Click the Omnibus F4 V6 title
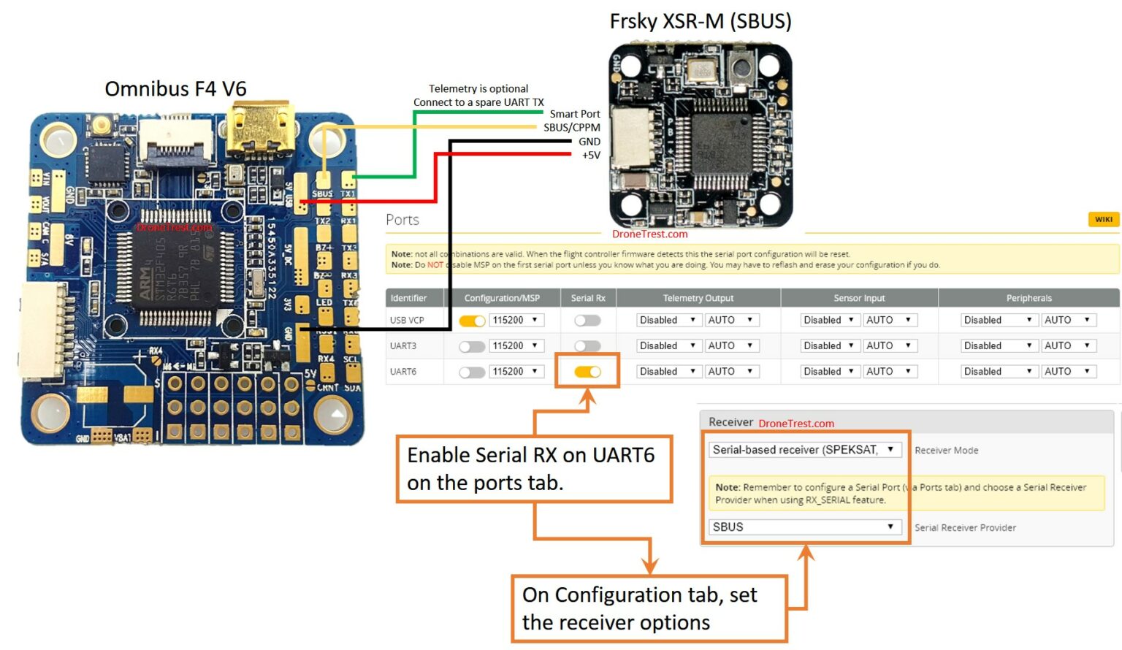[x=175, y=88]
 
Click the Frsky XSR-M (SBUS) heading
[x=700, y=21]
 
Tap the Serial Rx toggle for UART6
[x=587, y=372]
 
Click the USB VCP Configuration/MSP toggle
[x=472, y=321]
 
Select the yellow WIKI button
[x=1103, y=219]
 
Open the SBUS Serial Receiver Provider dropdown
[x=804, y=527]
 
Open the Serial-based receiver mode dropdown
[x=804, y=450]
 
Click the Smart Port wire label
[x=574, y=114]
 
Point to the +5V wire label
[x=590, y=156]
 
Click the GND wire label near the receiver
[x=589, y=142]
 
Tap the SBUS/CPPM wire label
[x=571, y=128]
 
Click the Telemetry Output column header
[x=698, y=298]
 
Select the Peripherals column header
[x=1028, y=298]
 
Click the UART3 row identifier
[x=403, y=346]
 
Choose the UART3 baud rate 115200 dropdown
[x=516, y=346]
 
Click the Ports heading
[x=402, y=220]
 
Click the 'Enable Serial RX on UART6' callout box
[x=533, y=469]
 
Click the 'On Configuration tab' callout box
[x=649, y=608]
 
